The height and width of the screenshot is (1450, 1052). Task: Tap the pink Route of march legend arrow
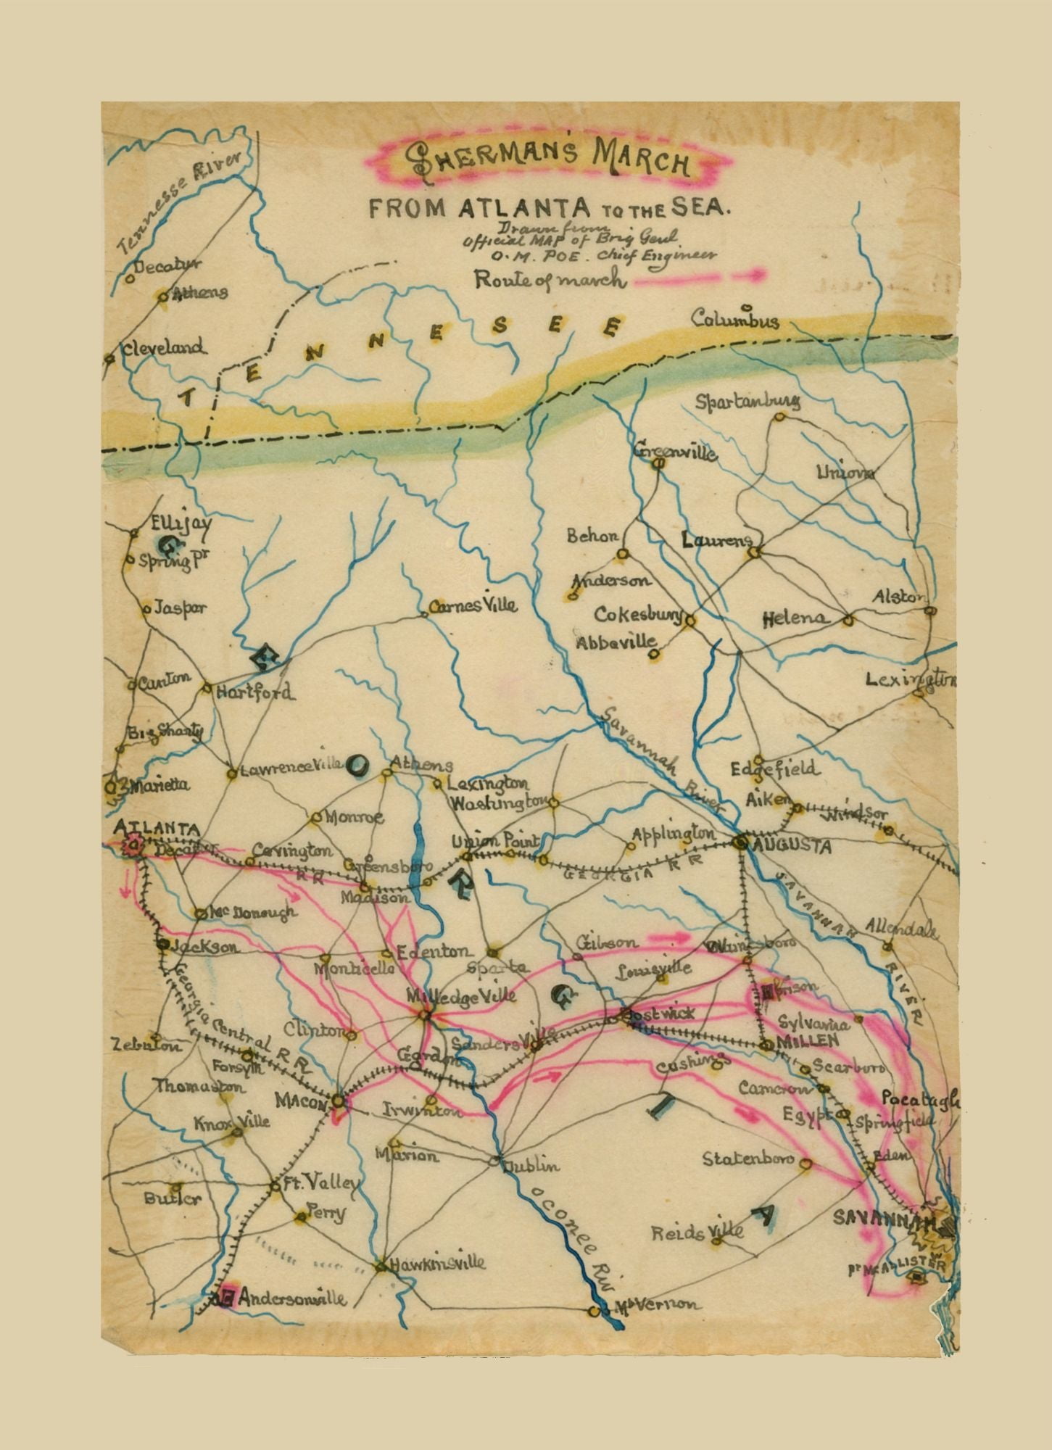point(700,275)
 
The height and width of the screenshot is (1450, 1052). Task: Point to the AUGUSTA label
point(792,845)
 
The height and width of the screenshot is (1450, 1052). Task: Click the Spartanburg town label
point(747,402)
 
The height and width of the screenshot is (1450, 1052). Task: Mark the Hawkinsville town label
point(437,1263)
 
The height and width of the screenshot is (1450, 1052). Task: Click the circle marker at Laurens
point(753,553)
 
